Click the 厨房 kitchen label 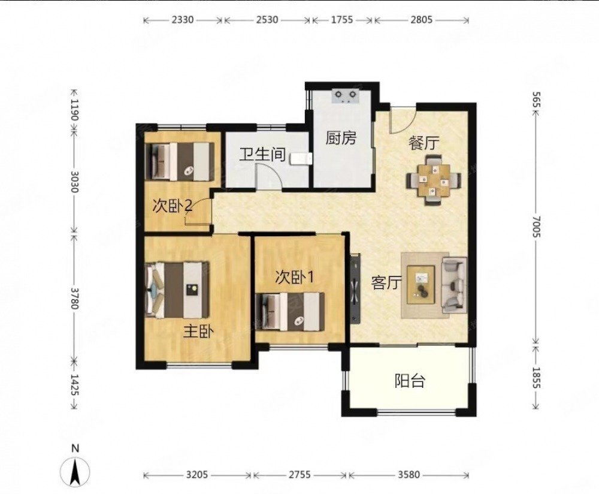(341, 138)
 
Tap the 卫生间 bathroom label (262, 155)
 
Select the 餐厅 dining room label (424, 143)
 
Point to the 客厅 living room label (386, 283)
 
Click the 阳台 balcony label (410, 381)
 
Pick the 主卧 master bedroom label (198, 332)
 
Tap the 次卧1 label (295, 278)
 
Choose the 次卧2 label (173, 206)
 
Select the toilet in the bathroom (301, 158)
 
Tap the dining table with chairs (434, 180)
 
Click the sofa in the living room (454, 284)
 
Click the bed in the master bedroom (178, 290)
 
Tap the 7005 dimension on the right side (536, 227)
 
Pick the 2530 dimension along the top (267, 20)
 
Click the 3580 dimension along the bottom (409, 475)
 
